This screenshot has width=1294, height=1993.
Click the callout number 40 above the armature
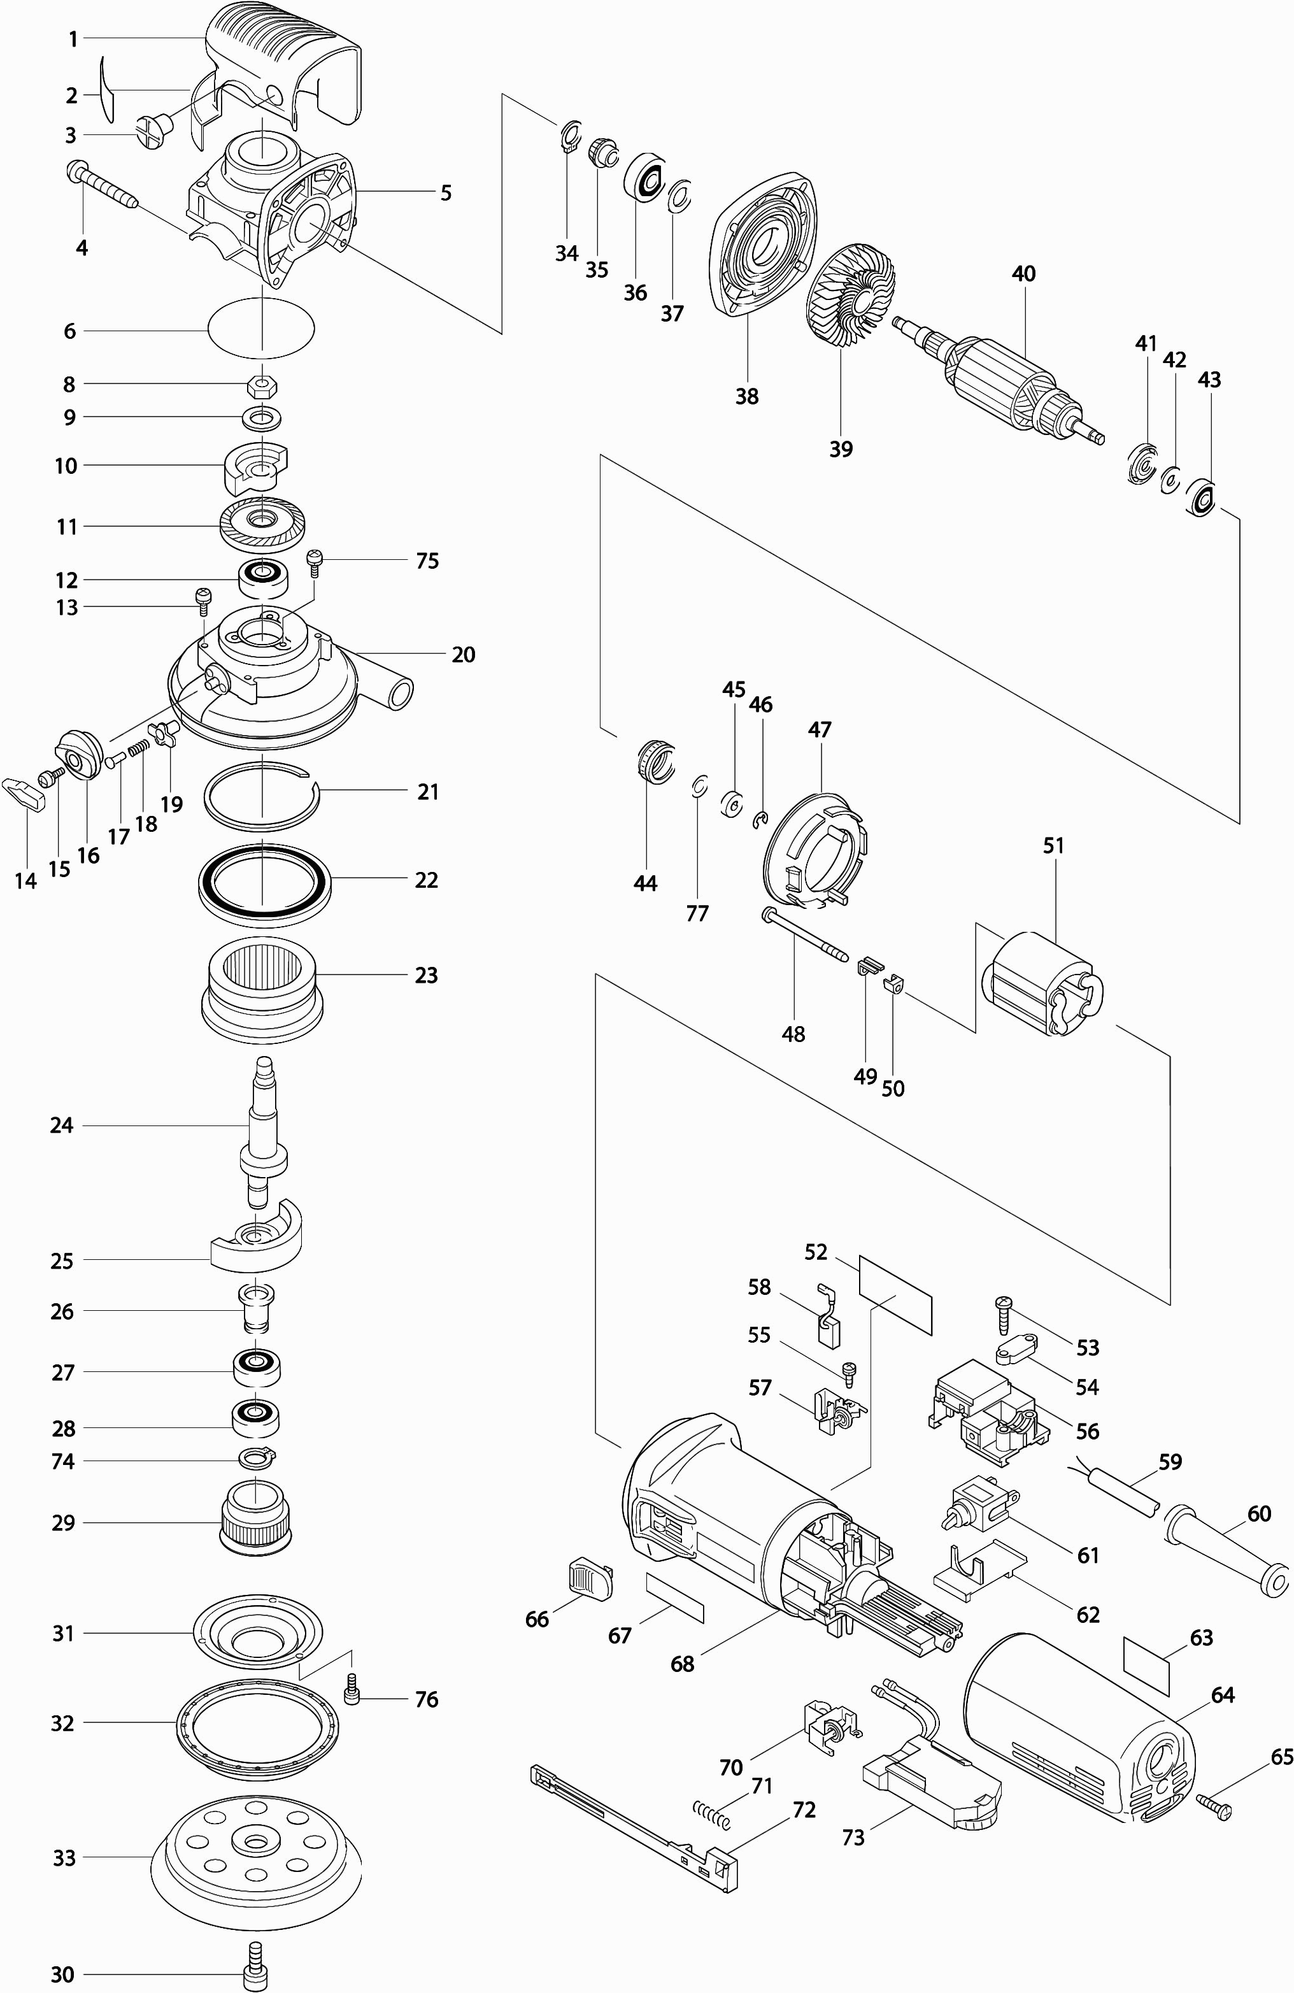point(1023,274)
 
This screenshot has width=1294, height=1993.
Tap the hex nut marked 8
point(264,385)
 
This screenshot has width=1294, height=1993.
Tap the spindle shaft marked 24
point(263,1126)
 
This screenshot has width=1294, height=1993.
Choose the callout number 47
point(820,729)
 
